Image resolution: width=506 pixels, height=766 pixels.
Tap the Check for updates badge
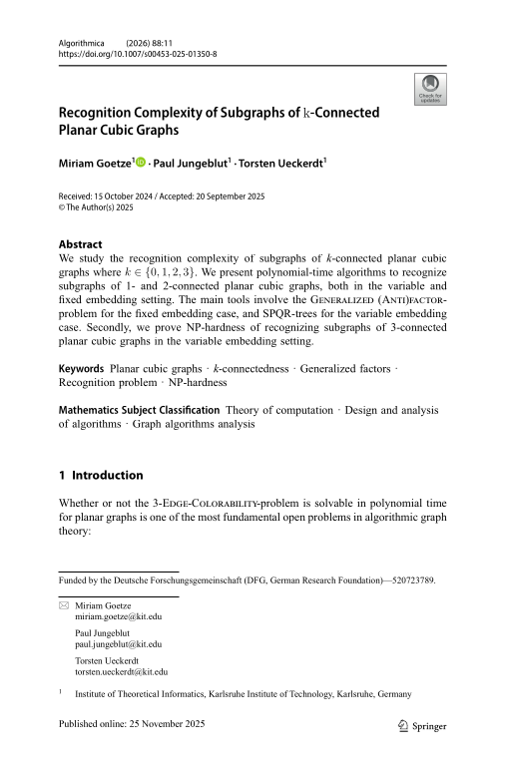tap(429, 90)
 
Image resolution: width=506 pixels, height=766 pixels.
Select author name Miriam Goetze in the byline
tap(93, 162)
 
